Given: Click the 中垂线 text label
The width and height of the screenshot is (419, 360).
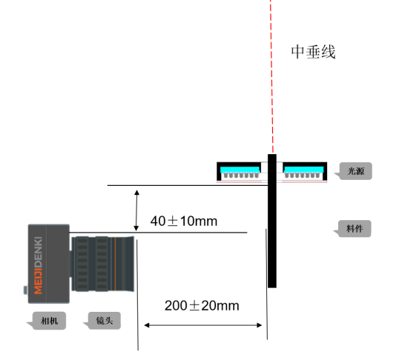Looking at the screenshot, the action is (313, 52).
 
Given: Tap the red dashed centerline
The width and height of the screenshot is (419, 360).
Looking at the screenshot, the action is (271, 76).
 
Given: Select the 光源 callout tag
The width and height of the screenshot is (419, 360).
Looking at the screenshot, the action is (355, 171).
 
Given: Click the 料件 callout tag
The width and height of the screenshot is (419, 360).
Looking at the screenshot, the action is (354, 229).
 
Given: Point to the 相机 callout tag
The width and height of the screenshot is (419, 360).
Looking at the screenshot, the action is (49, 321).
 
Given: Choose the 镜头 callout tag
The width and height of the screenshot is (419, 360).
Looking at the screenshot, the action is (105, 321).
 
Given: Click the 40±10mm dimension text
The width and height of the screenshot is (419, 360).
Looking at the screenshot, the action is (184, 221).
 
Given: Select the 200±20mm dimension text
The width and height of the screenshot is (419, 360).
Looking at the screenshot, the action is (202, 306).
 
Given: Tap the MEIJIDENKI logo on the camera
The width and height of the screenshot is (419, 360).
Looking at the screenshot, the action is (39, 265).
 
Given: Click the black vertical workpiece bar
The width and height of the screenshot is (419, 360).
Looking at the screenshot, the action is (272, 221).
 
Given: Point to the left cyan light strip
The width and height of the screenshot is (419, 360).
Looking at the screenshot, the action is (240, 170).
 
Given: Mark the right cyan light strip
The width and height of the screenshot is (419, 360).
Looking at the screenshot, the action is (304, 170).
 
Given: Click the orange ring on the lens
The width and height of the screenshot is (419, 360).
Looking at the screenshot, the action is (115, 264).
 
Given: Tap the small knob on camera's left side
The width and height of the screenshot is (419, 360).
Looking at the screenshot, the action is (25, 290).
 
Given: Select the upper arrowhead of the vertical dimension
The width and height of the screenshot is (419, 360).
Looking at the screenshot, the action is (136, 193).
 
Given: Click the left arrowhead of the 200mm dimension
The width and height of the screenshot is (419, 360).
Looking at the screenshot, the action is (147, 325).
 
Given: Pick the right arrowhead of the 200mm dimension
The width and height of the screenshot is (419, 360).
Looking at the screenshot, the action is (260, 325).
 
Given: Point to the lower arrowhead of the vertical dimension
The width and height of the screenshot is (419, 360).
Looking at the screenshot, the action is (136, 228).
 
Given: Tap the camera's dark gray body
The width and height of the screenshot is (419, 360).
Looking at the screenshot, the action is (49, 264).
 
